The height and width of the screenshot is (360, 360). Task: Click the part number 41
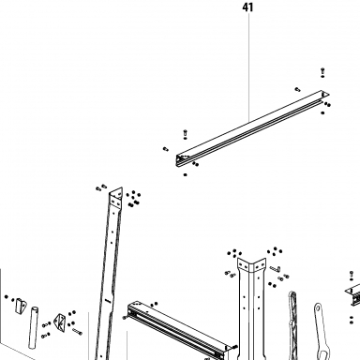point(247,7)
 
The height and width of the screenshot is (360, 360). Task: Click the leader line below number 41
point(249,67)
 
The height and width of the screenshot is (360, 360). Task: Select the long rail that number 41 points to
point(252,128)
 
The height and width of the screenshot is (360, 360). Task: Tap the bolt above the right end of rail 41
point(322,71)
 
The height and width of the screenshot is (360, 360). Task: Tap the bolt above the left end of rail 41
point(186,133)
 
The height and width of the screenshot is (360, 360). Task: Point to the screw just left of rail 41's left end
point(166,149)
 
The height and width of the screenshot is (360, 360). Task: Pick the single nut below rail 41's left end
point(186,174)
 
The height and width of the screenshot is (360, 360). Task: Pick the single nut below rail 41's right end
point(322,112)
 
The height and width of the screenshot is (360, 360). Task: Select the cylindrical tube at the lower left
point(34,327)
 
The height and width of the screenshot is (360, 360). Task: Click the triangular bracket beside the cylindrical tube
point(60,322)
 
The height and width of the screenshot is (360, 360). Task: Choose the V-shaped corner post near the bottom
point(251,307)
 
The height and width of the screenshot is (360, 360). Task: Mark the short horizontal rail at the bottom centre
point(177,330)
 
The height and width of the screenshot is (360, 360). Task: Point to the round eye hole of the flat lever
point(318,307)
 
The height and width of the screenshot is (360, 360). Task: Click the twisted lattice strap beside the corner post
point(292,325)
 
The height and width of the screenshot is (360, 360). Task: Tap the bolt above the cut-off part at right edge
point(352,276)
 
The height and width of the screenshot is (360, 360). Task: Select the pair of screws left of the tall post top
point(101,187)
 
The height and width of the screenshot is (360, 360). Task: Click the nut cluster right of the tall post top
point(133,199)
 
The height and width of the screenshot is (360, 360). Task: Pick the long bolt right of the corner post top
point(275,268)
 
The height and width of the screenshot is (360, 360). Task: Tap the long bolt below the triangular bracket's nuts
point(77,332)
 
